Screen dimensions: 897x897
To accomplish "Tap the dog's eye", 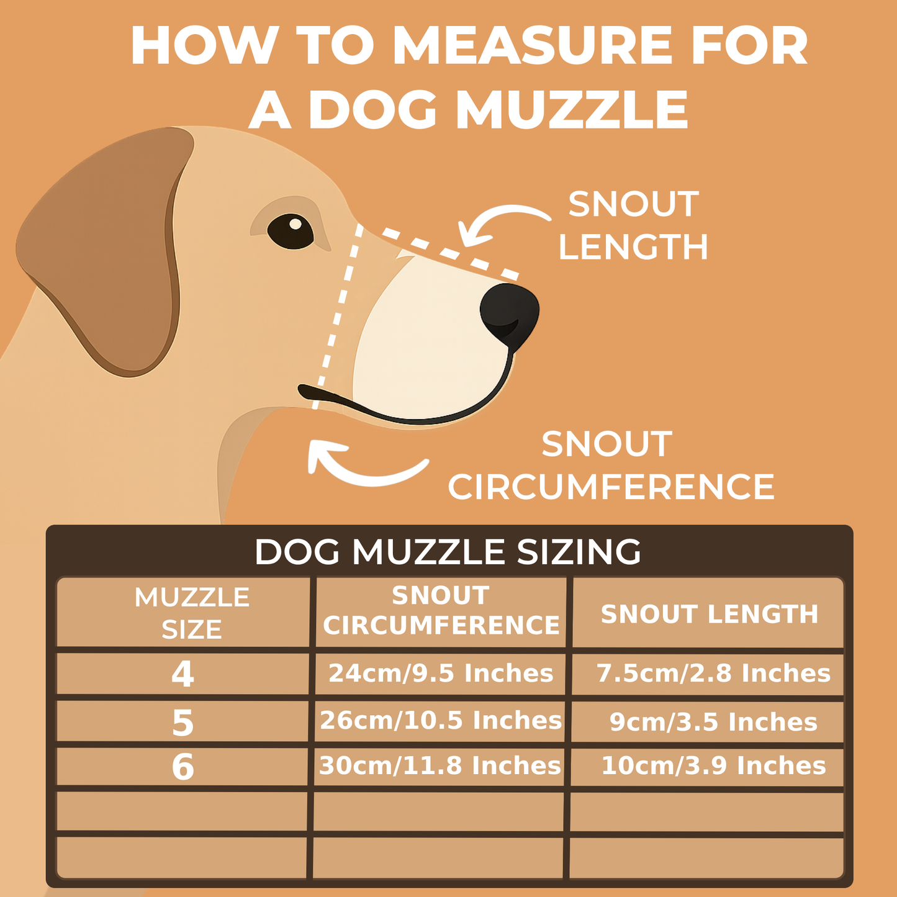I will point(291,231).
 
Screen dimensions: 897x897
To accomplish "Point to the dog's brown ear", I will point(109,248).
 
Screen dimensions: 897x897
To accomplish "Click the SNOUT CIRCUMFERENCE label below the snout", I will point(611,466).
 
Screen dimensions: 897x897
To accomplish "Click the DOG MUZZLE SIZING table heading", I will point(448,551).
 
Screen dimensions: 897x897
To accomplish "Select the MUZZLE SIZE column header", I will point(191,613).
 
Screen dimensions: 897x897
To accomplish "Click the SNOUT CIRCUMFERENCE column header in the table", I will point(441,611).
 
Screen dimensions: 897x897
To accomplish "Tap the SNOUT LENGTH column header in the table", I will point(709,614).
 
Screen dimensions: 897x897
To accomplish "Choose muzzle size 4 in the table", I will point(183,674).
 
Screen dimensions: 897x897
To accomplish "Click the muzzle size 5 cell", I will point(183,723).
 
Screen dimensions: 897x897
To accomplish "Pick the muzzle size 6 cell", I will point(183,767).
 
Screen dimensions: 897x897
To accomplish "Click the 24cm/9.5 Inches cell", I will point(441,674).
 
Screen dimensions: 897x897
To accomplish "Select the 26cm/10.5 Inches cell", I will point(441,721).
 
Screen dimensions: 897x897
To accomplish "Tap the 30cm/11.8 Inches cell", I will point(440,766).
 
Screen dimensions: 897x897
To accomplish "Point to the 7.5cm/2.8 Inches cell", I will point(713,674).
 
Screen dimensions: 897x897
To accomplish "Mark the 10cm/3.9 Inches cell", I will point(713,766).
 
